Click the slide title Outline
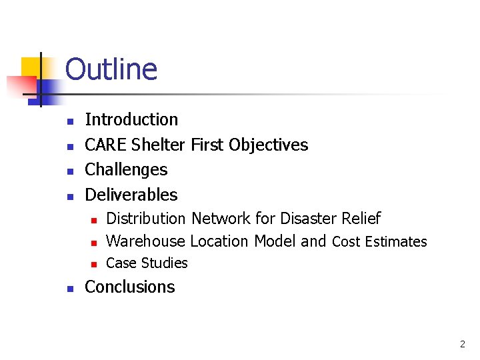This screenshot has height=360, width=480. tap(111, 69)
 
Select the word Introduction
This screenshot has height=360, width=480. tap(131, 120)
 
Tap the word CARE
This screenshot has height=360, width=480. tap(106, 145)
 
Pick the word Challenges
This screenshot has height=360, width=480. tap(126, 170)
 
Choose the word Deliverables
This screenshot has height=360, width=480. tap(131, 195)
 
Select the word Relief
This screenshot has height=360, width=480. tap(361, 219)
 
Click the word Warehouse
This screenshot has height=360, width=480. tap(146, 241)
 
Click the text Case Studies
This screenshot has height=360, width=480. tap(147, 263)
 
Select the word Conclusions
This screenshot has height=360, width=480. tap(130, 287)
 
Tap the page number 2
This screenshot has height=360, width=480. tap(462, 345)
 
